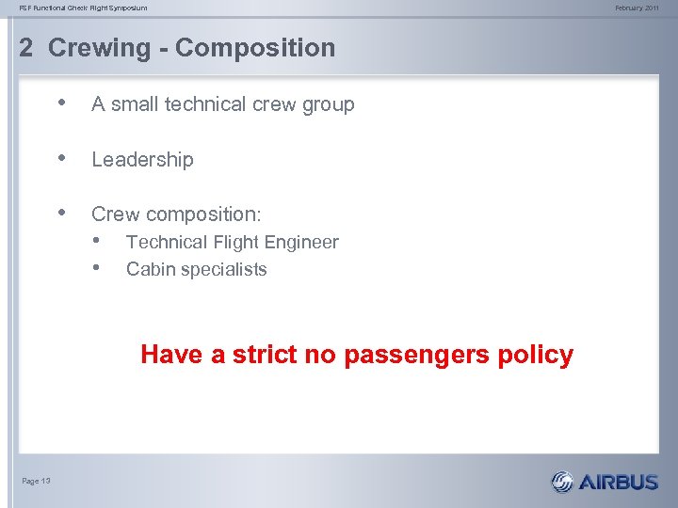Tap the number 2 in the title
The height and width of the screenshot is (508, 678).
click(26, 48)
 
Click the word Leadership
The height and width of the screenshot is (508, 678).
click(142, 160)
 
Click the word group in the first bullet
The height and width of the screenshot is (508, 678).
click(327, 105)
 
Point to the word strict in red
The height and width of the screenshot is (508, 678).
click(265, 355)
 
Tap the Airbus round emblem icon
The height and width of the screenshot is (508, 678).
click(562, 482)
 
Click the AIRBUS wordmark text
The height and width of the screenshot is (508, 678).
click(618, 483)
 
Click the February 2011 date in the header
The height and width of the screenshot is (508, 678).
click(638, 8)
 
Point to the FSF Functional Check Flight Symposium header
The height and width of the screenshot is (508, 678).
click(84, 8)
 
